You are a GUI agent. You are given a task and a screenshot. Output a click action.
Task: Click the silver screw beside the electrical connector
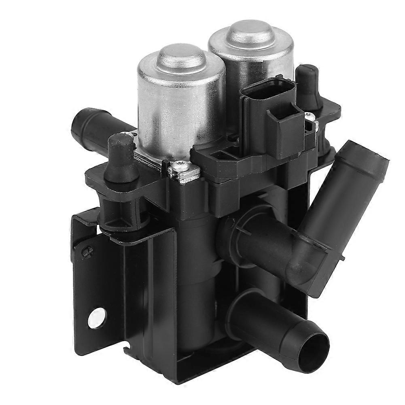click(311, 117)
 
